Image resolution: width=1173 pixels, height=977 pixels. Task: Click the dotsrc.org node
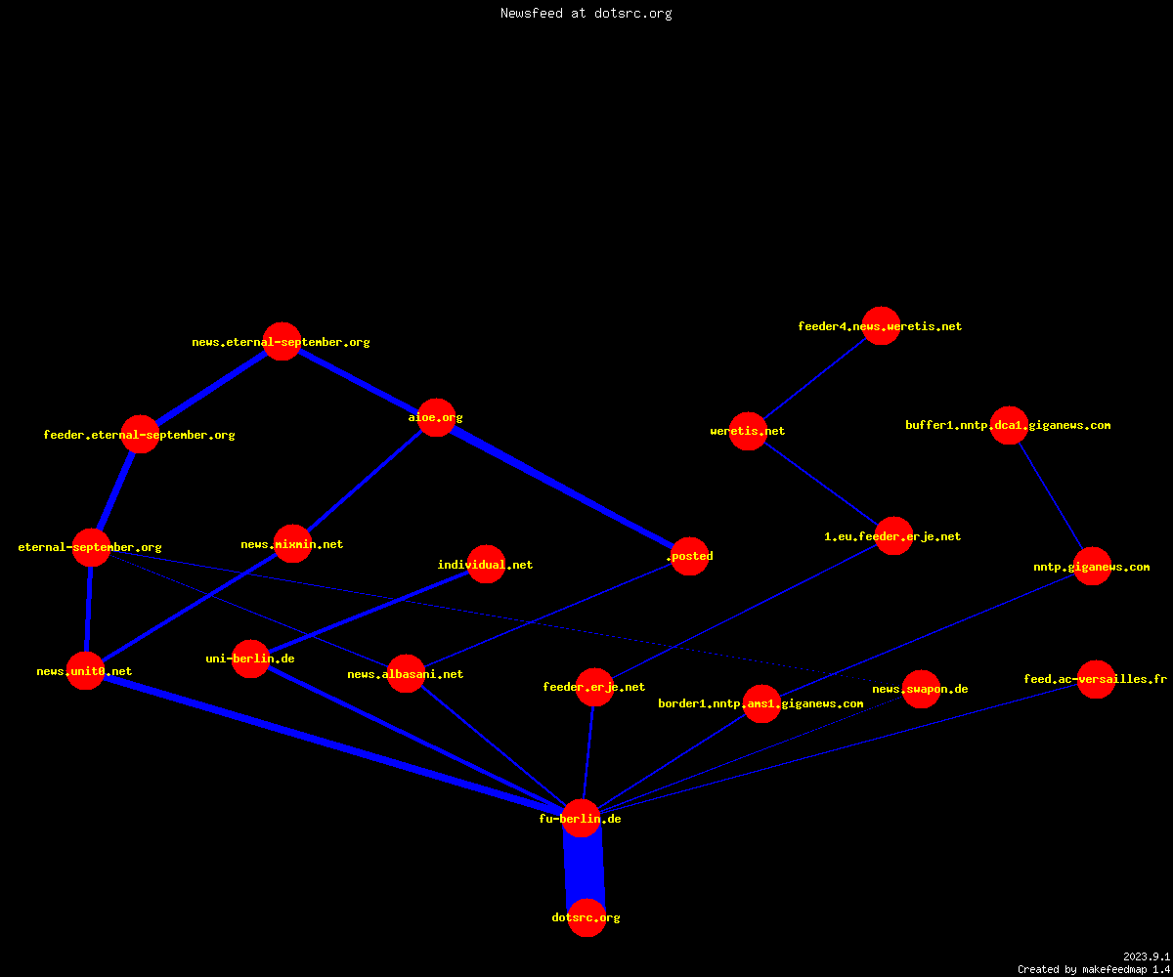586,917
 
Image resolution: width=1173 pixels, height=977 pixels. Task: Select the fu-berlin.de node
582,818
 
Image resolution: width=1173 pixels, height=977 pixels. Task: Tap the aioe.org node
437,417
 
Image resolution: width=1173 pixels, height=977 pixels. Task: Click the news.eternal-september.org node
282,341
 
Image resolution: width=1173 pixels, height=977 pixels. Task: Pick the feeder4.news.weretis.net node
881,325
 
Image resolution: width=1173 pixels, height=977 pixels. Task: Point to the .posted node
690,556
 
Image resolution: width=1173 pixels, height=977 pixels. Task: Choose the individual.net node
487,565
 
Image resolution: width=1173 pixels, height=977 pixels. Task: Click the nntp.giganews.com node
1092,566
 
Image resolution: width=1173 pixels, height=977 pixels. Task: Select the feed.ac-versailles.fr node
1096,679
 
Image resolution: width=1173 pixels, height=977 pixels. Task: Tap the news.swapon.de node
921,689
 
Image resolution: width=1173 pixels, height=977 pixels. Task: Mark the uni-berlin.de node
250,658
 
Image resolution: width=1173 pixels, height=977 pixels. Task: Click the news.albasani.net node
407,674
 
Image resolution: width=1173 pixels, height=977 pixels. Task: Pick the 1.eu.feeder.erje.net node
893,535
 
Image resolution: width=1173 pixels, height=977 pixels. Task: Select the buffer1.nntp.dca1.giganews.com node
1009,425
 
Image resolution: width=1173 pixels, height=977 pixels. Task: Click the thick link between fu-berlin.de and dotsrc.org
585,869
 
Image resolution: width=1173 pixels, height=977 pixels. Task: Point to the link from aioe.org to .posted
563,487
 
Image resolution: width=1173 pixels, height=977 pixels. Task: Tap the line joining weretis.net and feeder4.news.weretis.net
814,378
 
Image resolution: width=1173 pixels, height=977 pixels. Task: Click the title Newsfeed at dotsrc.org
586,13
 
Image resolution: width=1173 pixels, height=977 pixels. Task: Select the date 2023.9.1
1146,956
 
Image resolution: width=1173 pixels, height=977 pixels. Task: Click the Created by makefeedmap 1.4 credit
1094,969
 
